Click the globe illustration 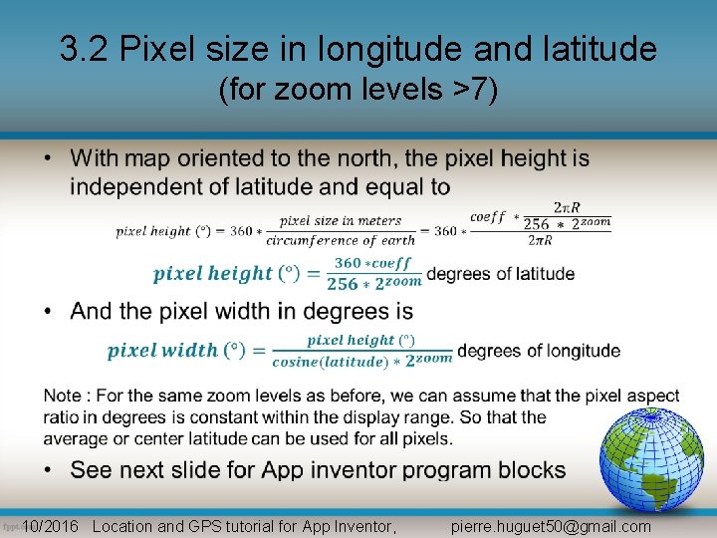[x=651, y=459]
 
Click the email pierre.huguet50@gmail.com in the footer [x=551, y=526]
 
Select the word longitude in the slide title [x=378, y=49]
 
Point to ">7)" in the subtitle [x=475, y=91]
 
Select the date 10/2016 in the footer [x=50, y=526]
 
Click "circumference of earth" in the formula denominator [x=341, y=240]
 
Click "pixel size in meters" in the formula [x=341, y=221]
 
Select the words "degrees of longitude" [x=539, y=351]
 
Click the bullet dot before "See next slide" [x=50, y=469]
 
